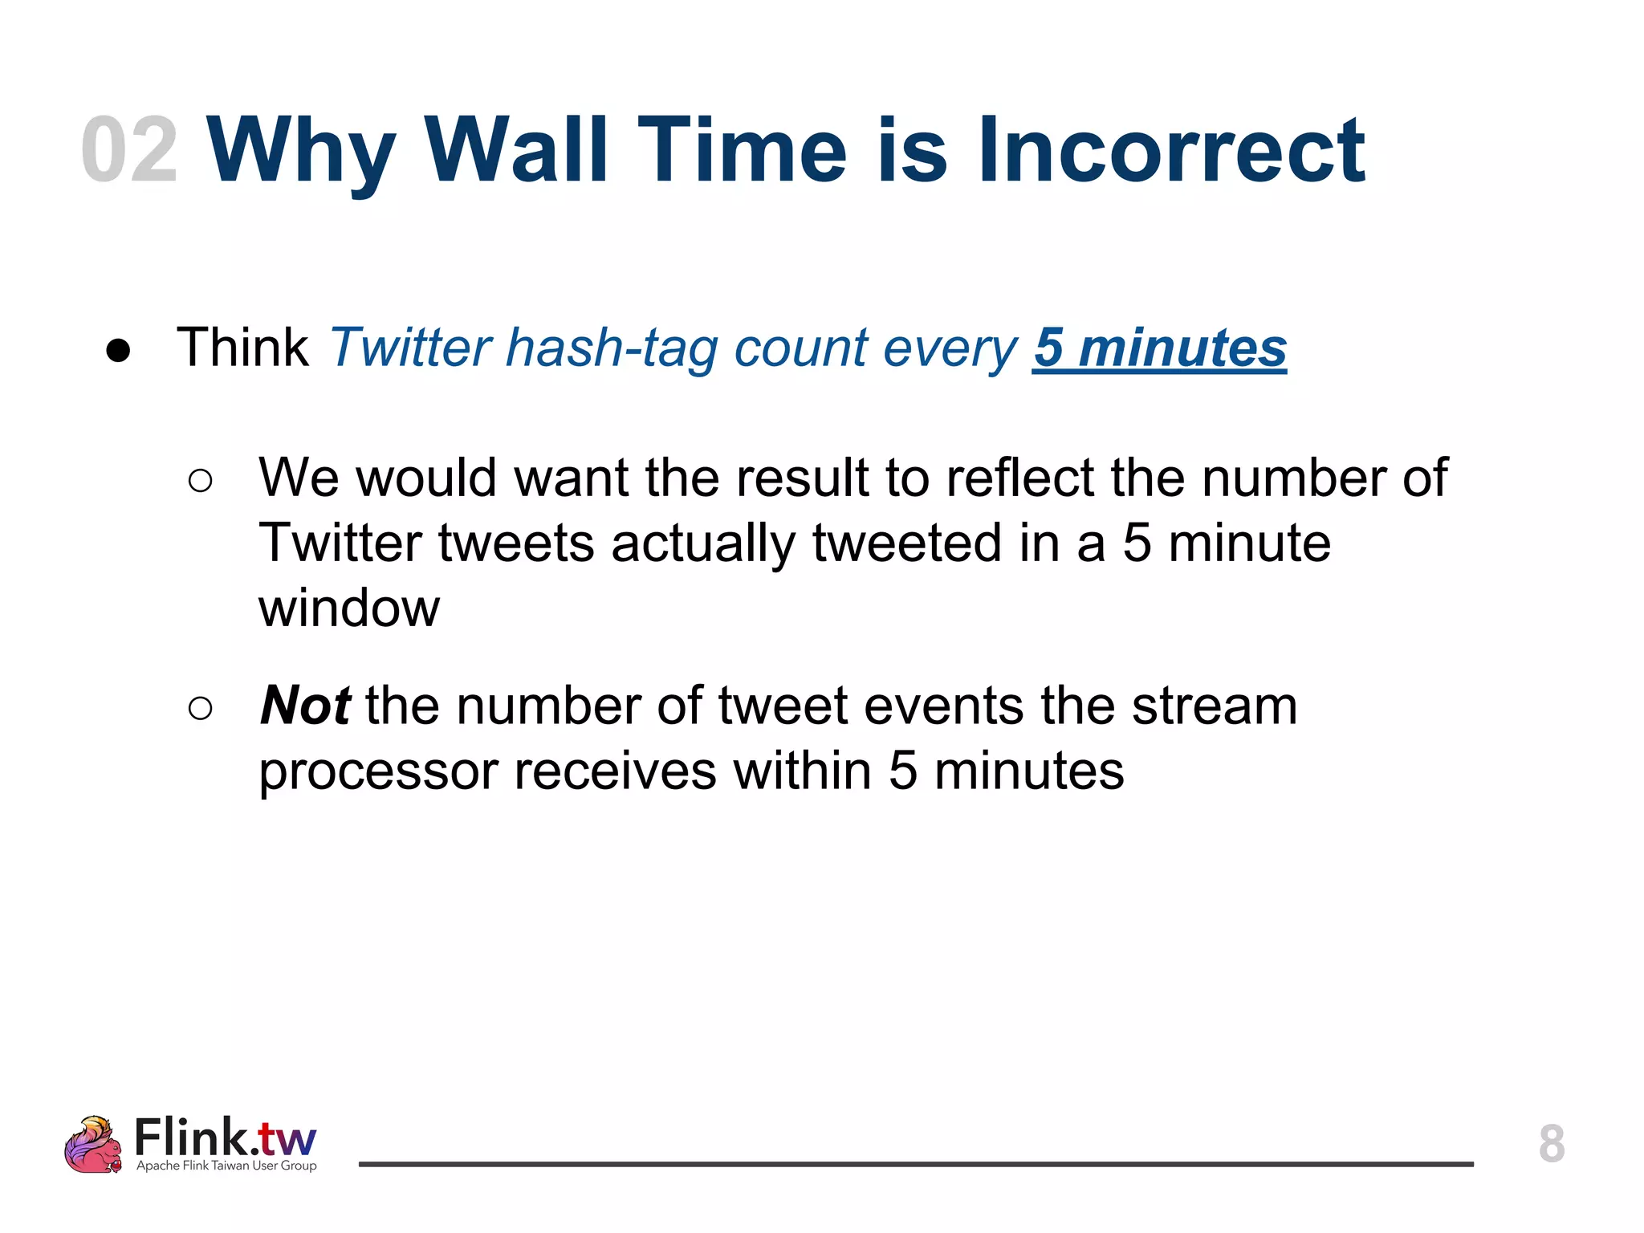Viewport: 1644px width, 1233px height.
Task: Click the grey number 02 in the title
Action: (128, 150)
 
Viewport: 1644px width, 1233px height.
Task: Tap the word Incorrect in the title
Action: (1170, 150)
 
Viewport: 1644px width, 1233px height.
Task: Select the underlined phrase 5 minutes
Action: (1159, 348)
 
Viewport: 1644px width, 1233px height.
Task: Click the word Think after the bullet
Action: (242, 348)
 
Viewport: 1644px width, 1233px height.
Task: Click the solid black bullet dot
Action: (118, 351)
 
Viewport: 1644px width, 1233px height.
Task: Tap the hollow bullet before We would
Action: (200, 481)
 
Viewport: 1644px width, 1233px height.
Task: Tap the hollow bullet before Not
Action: (200, 708)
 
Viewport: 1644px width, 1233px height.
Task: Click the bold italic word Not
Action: (305, 706)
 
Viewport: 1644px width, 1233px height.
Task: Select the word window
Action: (349, 608)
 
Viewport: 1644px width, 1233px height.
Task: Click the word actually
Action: (702, 544)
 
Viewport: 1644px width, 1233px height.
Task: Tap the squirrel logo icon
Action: (93, 1145)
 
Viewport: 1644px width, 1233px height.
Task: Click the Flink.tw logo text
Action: (226, 1137)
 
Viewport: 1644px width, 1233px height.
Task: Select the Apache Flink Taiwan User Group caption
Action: (226, 1166)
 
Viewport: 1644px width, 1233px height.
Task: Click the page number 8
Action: (1551, 1144)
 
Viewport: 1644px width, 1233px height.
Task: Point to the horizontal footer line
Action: (915, 1163)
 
